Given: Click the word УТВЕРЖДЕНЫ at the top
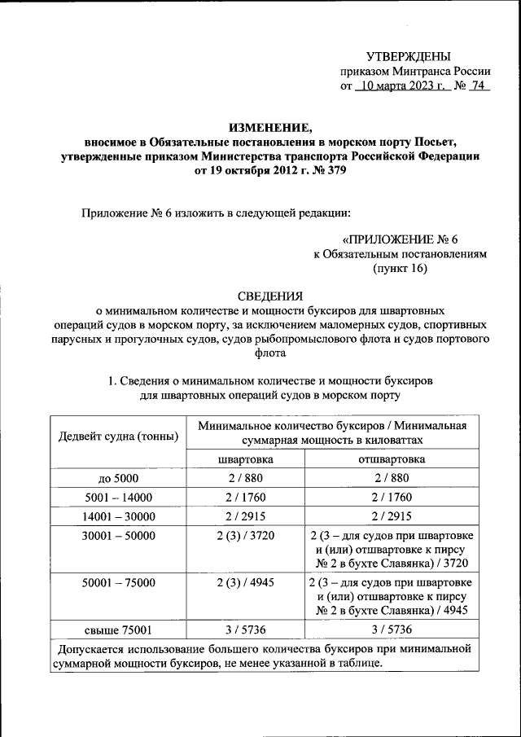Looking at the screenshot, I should coord(408,56).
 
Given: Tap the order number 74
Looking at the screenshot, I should coord(476,86).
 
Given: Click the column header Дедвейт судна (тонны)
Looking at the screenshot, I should coord(119,436).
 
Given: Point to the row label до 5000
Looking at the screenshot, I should coord(118,479).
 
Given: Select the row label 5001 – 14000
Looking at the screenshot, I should coord(118,497).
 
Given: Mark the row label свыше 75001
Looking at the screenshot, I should coord(118,630).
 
